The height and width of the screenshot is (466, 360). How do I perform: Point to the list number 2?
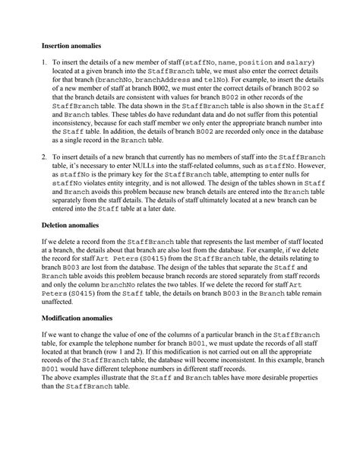44,156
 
